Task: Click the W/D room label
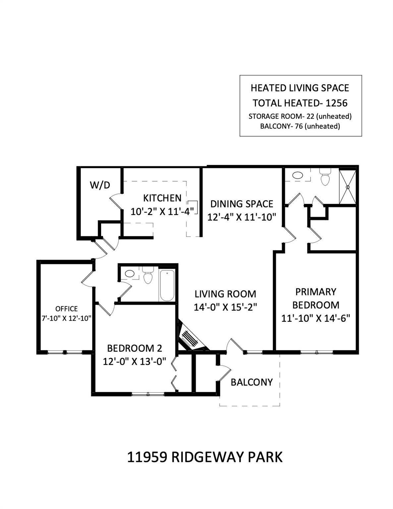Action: (100, 185)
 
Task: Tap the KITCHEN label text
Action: (162, 198)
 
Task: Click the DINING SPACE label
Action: (242, 203)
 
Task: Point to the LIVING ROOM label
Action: (225, 294)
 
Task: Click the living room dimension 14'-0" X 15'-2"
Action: (225, 307)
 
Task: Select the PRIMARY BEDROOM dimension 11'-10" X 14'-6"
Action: (315, 318)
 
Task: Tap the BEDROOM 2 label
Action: (134, 348)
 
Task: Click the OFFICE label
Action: (66, 309)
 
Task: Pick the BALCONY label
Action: (252, 382)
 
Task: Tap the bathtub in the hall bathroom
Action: (167, 285)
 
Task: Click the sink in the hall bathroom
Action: (129, 274)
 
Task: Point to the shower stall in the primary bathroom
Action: (348, 187)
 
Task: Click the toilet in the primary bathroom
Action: (325, 178)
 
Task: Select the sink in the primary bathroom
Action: (298, 175)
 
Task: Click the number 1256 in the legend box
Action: (336, 103)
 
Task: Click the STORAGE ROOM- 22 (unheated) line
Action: (300, 116)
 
